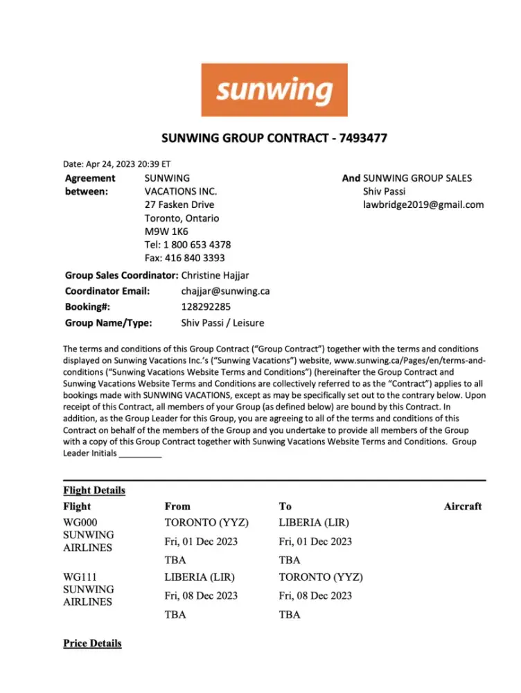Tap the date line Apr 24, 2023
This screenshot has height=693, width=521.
coord(116,164)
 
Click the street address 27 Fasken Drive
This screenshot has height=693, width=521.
coord(179,204)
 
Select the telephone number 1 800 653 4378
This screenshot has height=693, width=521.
coord(197,245)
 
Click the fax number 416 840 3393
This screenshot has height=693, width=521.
coord(195,258)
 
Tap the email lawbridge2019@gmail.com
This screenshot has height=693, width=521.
coord(423,204)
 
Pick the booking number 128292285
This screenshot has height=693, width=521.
coord(206,306)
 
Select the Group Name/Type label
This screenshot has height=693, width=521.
coord(108,322)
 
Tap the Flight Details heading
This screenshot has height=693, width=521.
coord(94,491)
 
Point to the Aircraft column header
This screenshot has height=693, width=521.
coord(462,507)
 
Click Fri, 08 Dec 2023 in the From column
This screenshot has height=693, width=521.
coord(201,595)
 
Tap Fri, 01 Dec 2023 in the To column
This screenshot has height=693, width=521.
coord(315,541)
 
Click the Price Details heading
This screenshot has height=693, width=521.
coord(92,643)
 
